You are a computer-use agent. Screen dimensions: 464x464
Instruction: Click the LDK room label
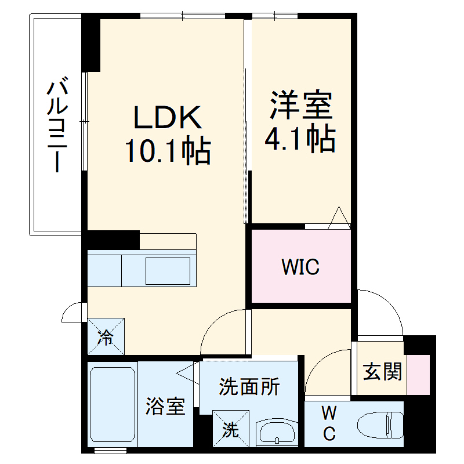coord(168,118)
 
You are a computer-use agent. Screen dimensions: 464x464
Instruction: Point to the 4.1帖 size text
coord(300,139)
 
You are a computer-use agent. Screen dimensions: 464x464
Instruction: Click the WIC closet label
coord(300,267)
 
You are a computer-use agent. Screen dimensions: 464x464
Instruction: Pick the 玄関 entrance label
coord(382,372)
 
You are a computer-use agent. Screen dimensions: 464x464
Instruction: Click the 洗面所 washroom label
coord(249,386)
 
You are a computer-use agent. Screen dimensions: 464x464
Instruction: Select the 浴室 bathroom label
coord(165,407)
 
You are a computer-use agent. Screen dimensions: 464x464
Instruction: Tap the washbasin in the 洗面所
coord(276,432)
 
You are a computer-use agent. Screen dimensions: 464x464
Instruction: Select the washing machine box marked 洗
coord(230,429)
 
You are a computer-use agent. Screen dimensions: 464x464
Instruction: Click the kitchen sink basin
coord(168,270)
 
